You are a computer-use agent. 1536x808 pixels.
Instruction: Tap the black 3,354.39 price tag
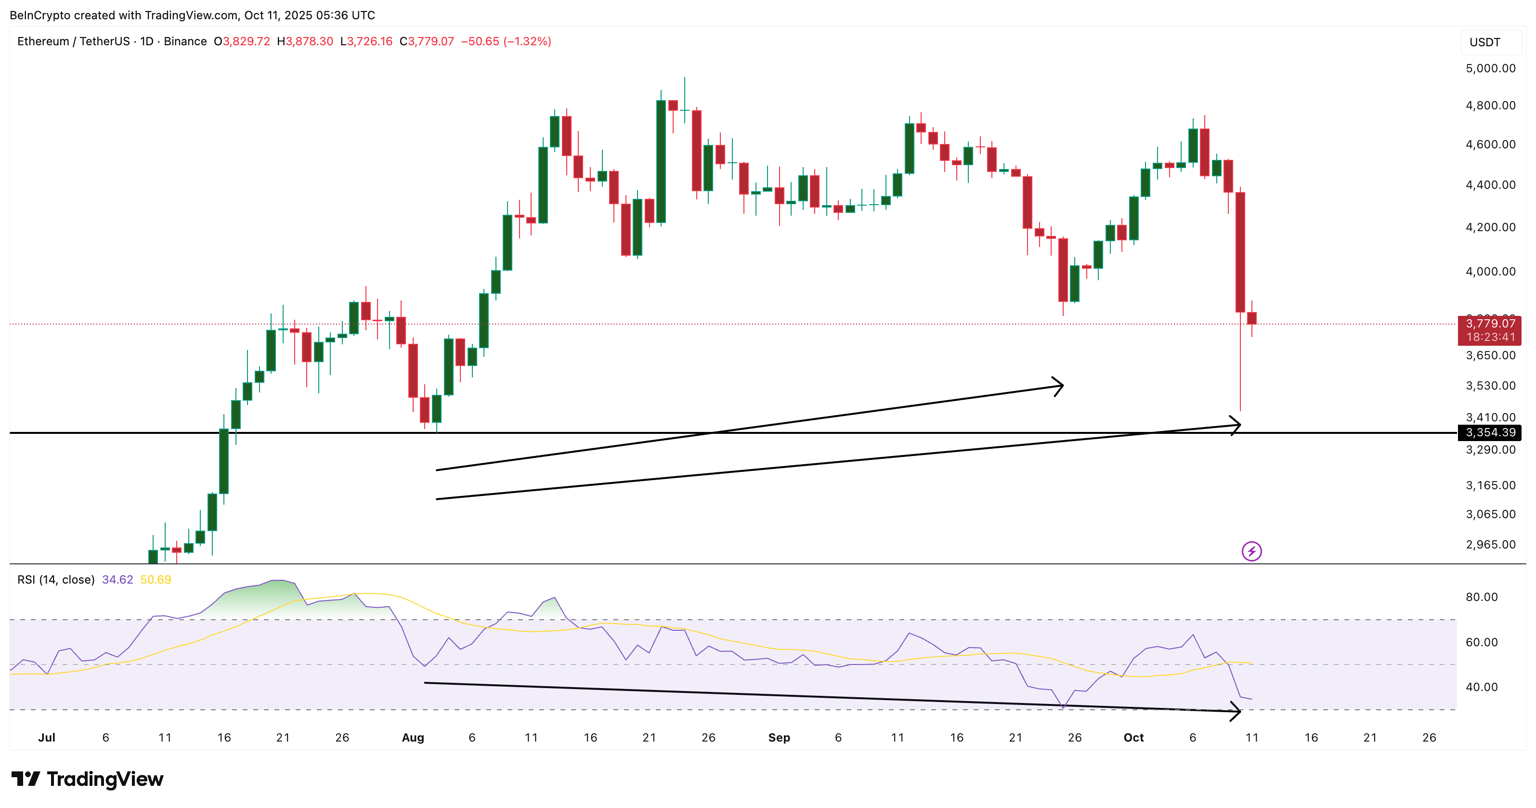pyautogui.click(x=1489, y=432)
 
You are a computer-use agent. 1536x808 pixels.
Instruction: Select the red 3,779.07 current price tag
pyautogui.click(x=1489, y=324)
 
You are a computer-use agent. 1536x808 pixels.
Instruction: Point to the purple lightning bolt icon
pyautogui.click(x=1251, y=551)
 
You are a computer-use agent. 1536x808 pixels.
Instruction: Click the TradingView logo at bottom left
pyautogui.click(x=87, y=779)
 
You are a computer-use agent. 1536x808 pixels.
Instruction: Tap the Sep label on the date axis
pyautogui.click(x=779, y=738)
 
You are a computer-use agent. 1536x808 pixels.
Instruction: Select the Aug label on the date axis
pyautogui.click(x=413, y=738)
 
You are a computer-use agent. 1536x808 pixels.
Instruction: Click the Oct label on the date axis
pyautogui.click(x=1133, y=738)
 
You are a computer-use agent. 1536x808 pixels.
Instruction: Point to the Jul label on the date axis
pyautogui.click(x=47, y=738)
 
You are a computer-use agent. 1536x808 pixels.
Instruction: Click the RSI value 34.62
pyautogui.click(x=117, y=580)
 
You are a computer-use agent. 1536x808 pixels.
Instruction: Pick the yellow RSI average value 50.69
pyautogui.click(x=156, y=580)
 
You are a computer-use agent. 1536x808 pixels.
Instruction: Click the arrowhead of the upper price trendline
pyautogui.click(x=1060, y=386)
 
